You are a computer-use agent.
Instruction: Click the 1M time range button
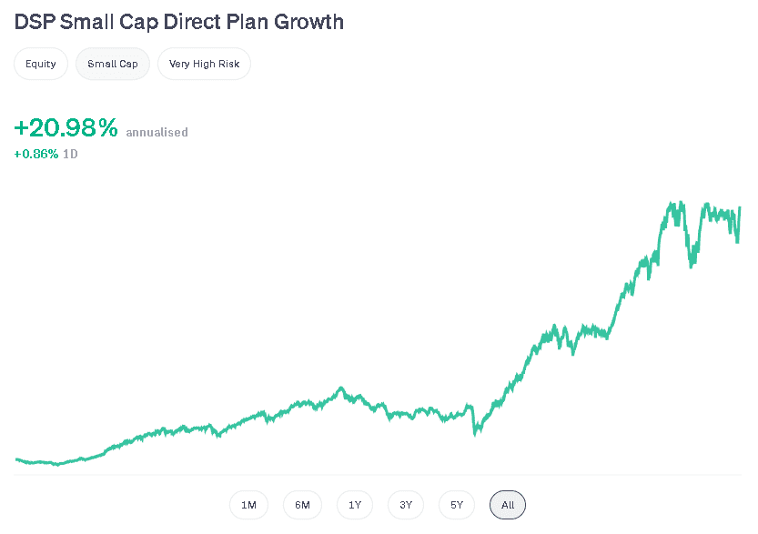(248, 505)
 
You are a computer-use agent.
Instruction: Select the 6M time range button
(302, 505)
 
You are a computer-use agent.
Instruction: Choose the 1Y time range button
(355, 505)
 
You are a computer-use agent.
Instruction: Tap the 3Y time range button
(406, 505)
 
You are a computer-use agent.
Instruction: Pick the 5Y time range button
(457, 505)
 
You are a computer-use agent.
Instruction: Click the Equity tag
(41, 65)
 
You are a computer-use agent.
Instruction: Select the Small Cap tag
(113, 65)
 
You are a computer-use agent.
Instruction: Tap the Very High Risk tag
(204, 65)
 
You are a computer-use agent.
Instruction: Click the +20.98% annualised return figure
(66, 129)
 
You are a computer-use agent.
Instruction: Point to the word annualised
(157, 132)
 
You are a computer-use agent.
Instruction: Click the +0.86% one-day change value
(35, 154)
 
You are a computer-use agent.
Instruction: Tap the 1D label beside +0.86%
(70, 154)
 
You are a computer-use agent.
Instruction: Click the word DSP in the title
(35, 21)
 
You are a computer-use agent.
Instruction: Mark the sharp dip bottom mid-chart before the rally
(475, 434)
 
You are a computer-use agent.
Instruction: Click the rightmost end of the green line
(740, 207)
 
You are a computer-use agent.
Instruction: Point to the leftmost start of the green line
(16, 459)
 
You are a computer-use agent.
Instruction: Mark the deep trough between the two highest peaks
(692, 266)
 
